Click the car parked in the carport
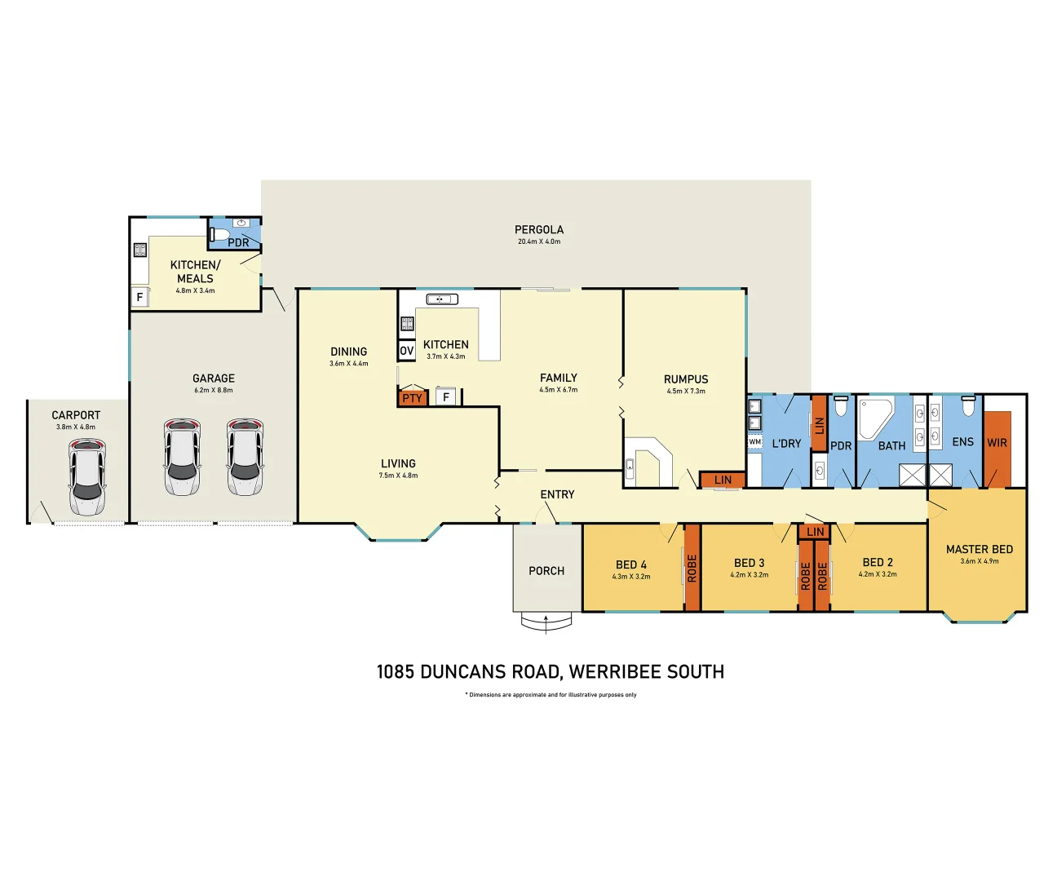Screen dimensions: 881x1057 [x=86, y=477]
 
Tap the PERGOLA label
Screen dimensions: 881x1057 [x=538, y=230]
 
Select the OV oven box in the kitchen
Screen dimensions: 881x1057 [x=406, y=351]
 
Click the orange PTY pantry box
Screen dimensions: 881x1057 [x=413, y=398]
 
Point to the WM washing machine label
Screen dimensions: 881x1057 [x=754, y=442]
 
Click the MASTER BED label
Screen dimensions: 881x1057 [x=979, y=550]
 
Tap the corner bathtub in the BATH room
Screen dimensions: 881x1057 [x=874, y=418]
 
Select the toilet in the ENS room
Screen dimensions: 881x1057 [x=968, y=406]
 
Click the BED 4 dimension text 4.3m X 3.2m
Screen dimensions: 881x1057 [x=631, y=577]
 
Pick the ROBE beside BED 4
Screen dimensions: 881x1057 [x=692, y=568]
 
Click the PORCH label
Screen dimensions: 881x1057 [x=546, y=571]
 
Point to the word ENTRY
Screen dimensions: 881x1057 [x=557, y=494]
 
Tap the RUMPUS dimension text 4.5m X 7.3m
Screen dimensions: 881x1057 [x=686, y=392]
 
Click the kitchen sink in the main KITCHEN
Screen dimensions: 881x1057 [x=442, y=299]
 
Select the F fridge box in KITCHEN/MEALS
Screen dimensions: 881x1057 [x=139, y=297]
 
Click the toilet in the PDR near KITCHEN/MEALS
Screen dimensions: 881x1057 [x=219, y=236]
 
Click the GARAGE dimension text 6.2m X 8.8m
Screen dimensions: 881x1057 [x=213, y=391]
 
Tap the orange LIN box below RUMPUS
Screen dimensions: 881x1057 [x=723, y=480]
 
